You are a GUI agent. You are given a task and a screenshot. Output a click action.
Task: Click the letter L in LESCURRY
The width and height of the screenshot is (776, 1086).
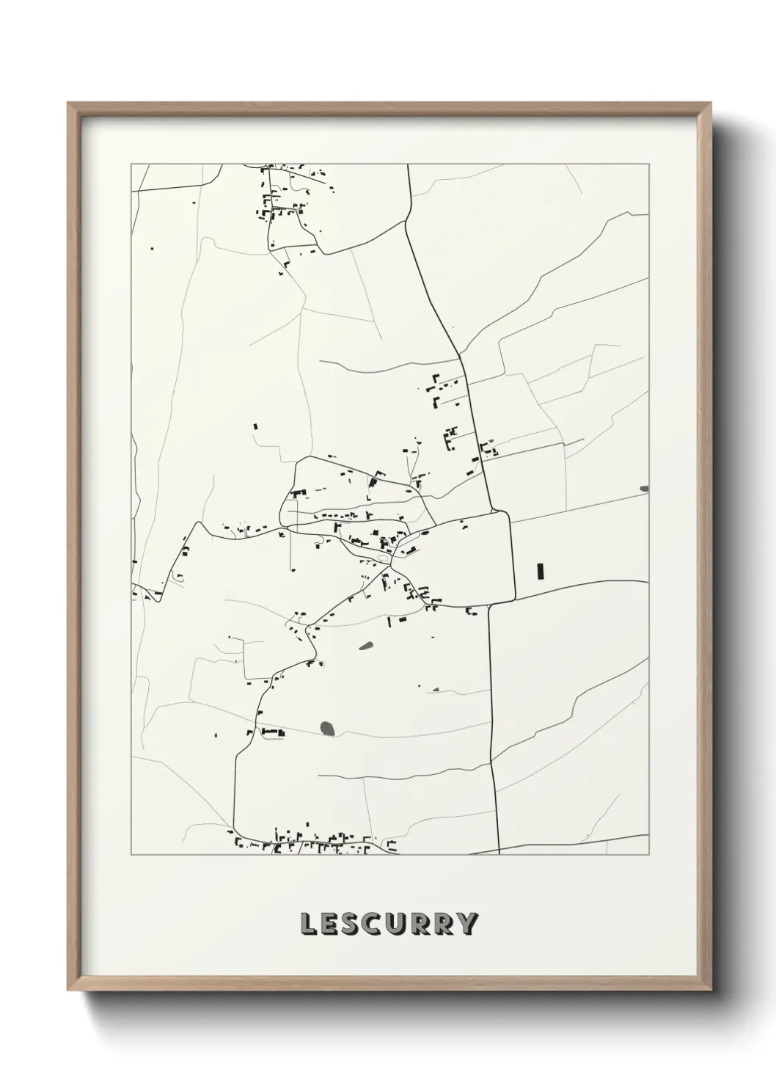[308, 923]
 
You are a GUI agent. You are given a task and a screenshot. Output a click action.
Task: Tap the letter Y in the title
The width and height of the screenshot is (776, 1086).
[467, 923]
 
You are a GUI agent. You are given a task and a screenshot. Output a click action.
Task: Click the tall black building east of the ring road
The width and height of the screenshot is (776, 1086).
[541, 570]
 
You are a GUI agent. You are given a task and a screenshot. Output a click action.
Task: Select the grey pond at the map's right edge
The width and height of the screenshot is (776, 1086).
[644, 488]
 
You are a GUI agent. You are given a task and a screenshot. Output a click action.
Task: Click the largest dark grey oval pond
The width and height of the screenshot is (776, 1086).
[327, 728]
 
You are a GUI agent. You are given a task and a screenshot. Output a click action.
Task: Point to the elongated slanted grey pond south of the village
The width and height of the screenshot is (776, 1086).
[365, 646]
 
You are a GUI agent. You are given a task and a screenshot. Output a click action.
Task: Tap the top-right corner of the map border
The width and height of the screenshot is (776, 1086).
[649, 164]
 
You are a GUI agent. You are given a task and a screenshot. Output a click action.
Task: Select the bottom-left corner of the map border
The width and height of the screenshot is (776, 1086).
[131, 855]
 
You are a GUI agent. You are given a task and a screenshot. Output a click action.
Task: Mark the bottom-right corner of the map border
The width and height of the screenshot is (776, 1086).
[649, 855]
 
